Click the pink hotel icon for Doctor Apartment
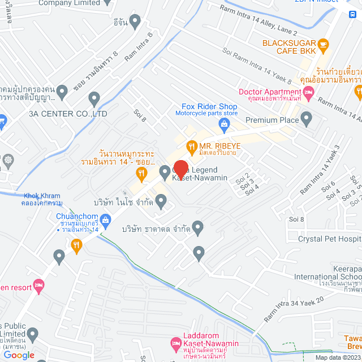pos(308,92)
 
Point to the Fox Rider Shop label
pos(209,106)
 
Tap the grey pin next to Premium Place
pos(307,119)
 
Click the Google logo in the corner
pos(19,355)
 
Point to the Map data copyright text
pos(338,357)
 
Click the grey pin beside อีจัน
pos(135,21)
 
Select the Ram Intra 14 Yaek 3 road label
pos(320,170)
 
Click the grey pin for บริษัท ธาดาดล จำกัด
pos(198,228)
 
